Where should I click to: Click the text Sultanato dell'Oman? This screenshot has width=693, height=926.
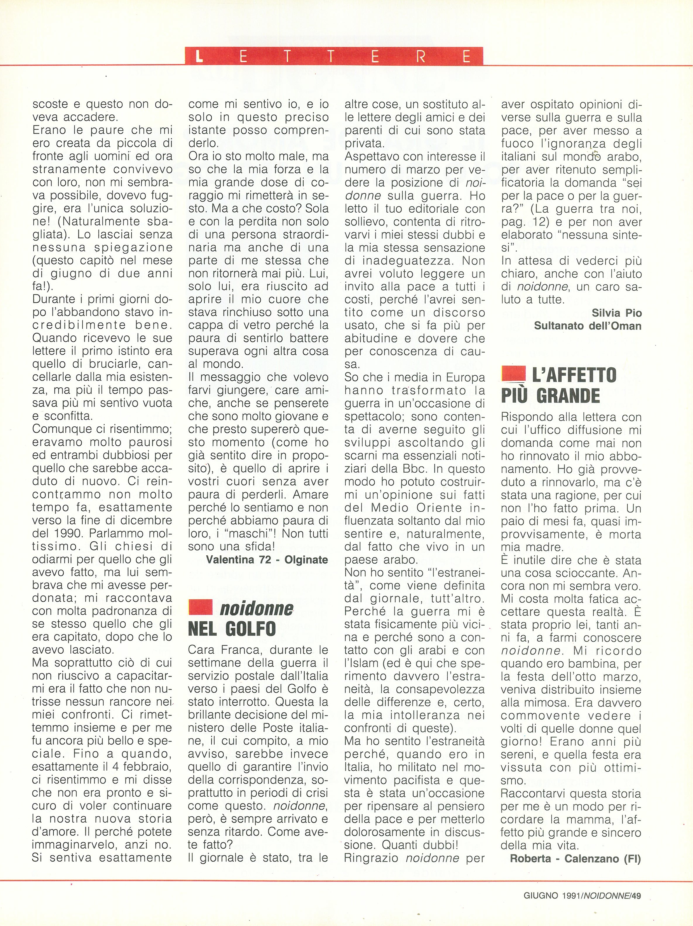point(587,326)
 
